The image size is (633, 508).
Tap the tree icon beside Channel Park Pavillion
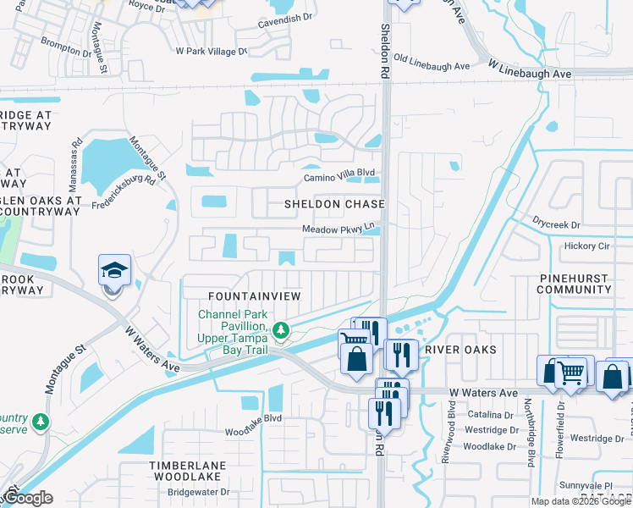(x=286, y=329)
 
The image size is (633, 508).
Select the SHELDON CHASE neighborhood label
(x=334, y=204)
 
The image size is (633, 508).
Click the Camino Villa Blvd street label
(x=339, y=177)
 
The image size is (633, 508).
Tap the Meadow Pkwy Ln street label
(x=338, y=229)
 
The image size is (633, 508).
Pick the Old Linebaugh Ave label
(x=432, y=66)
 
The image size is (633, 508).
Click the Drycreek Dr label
(x=557, y=225)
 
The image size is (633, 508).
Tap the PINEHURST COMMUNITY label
(x=575, y=284)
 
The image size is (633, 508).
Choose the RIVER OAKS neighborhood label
(x=460, y=350)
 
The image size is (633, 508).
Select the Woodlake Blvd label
(x=252, y=430)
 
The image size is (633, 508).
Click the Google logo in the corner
(x=27, y=498)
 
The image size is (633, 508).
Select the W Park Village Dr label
(x=211, y=51)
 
